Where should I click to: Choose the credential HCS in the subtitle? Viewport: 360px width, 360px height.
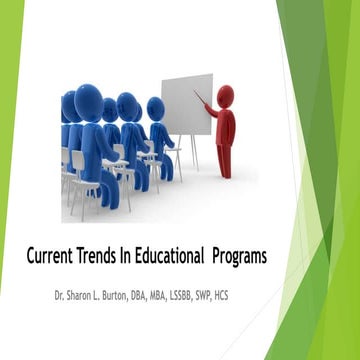click(285, 297)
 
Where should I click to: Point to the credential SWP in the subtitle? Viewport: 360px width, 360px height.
click(259, 297)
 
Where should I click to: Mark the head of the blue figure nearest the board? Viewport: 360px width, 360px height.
click(155, 108)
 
